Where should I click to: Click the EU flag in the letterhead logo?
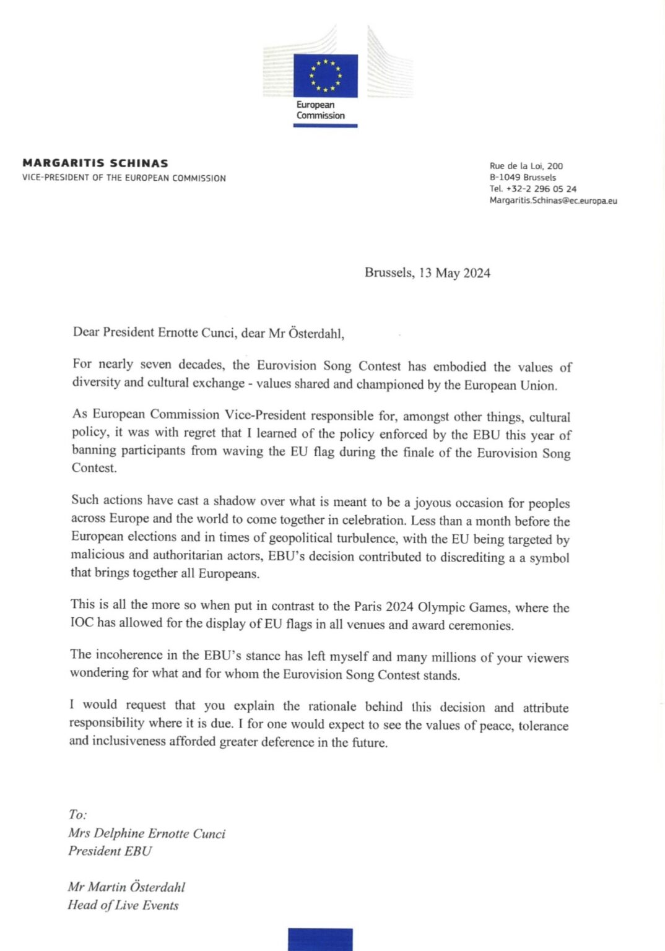[325, 76]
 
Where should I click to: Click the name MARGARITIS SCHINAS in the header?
[95, 163]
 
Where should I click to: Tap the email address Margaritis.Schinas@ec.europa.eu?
[553, 201]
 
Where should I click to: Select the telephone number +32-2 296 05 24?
[541, 189]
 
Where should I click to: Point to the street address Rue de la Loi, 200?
[526, 166]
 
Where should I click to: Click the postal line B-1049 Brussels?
[523, 177]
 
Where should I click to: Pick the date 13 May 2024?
[454, 273]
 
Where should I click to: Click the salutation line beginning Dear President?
[208, 333]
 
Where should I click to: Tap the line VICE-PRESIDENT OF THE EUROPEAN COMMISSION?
[124, 178]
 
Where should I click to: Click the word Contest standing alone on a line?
[93, 468]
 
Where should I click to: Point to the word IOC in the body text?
[82, 622]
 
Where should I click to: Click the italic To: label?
[77, 815]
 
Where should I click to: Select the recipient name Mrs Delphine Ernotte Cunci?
[147, 833]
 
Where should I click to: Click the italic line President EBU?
[110, 851]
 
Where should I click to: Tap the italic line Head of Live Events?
[123, 905]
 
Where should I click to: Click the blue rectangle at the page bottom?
[320, 939]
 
